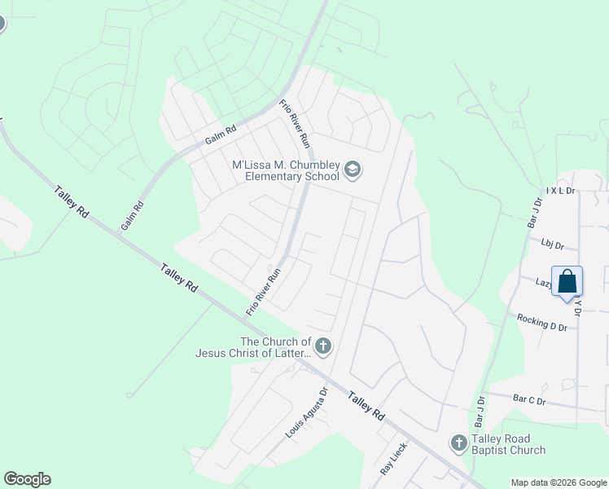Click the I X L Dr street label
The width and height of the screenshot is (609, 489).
[x=561, y=190]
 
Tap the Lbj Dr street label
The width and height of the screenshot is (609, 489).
[x=552, y=242]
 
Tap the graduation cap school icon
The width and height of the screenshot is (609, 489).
[x=353, y=170]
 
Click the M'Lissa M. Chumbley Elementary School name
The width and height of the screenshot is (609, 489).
[x=285, y=170]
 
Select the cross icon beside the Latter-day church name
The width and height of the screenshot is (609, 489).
[x=323, y=347]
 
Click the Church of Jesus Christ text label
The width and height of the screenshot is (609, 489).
[x=253, y=347]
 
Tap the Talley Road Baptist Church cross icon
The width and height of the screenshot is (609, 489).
[x=458, y=443]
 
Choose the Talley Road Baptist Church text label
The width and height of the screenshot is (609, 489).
[x=510, y=444]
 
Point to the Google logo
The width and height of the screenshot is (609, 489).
[x=27, y=479]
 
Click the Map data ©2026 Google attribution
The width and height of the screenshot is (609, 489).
[x=559, y=482]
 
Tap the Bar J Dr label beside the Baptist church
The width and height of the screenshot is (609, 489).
[x=480, y=409]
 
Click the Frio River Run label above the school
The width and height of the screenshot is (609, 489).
[x=296, y=124]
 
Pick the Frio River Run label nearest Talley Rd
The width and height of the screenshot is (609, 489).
[x=263, y=292]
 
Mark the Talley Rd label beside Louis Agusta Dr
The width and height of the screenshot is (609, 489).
[x=366, y=405]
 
